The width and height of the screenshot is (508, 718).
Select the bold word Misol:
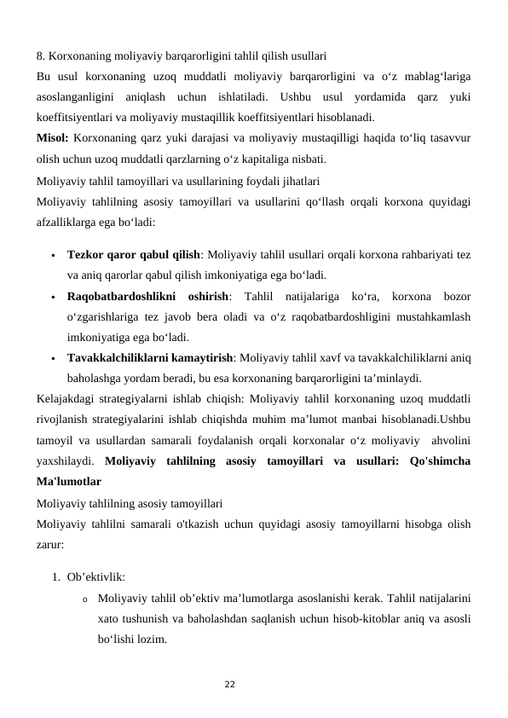pyautogui.click(x=53, y=138)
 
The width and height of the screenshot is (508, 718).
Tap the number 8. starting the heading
pyautogui.click(x=41, y=57)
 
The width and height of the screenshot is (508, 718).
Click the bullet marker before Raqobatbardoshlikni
pyautogui.click(x=53, y=297)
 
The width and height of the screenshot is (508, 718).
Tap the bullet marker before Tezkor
pyautogui.click(x=53, y=255)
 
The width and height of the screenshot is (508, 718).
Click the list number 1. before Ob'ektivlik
pyautogui.click(x=55, y=576)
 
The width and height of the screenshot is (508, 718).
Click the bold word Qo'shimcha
pyautogui.click(x=440, y=460)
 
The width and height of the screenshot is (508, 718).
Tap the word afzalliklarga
pyautogui.click(x=68, y=220)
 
